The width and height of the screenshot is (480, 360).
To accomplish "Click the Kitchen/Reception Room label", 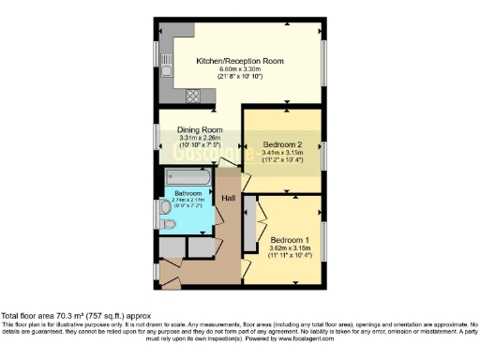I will coord(239,61).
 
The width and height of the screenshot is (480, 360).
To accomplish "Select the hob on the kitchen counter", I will coord(192,94).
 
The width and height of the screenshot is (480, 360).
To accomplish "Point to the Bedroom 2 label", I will coord(281,144).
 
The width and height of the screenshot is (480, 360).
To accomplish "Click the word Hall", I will coord(228,198).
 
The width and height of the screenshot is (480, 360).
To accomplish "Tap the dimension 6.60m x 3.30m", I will coord(239,69).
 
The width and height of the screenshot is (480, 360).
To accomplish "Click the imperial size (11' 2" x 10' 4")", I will coord(281,161).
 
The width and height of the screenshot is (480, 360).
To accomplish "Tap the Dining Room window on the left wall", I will coord(157,139).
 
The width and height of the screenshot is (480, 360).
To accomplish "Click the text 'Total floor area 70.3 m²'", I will coord(54,316).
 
